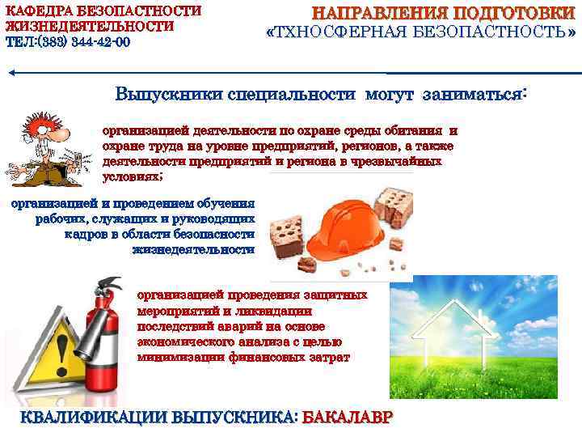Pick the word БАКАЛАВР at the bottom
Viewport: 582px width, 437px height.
348,418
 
